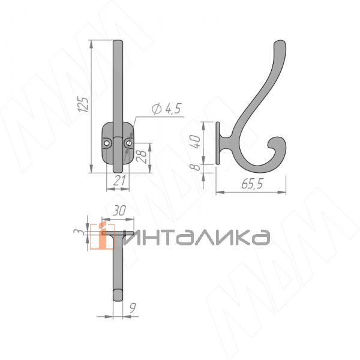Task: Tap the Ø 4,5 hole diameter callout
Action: pos(166,109)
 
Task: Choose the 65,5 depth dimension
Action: pos(250,185)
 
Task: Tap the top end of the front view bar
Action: pos(119,43)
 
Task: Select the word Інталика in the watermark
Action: pos(198,237)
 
